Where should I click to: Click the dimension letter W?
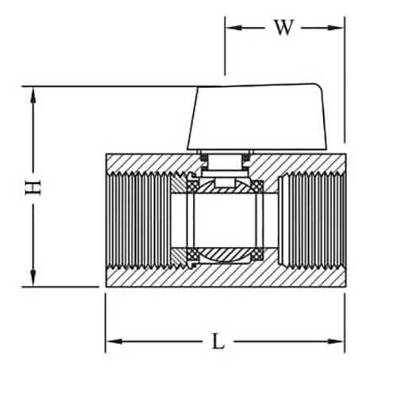(x=283, y=27)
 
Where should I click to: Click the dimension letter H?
(x=33, y=187)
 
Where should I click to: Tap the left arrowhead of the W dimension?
(x=231, y=27)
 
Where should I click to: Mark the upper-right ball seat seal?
(x=258, y=186)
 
